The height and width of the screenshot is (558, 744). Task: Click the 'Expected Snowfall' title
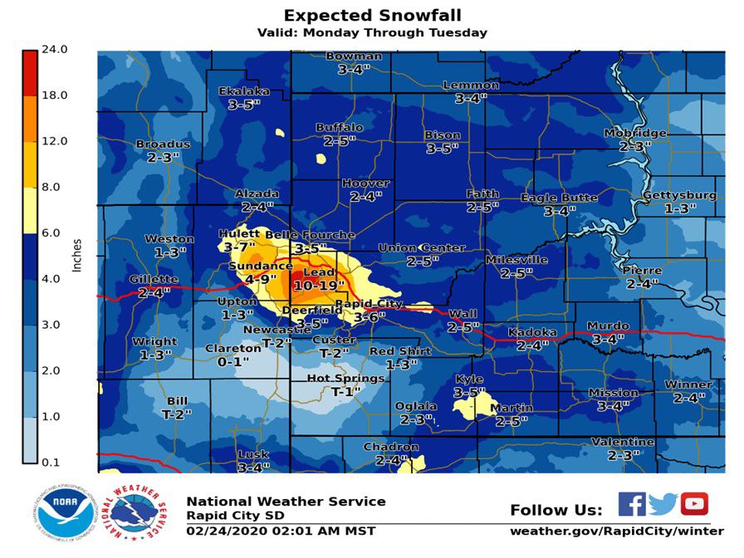pyautogui.click(x=371, y=15)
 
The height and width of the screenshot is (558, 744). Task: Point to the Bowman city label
pyautogui.click(x=354, y=56)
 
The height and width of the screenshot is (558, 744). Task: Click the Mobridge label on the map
pyautogui.click(x=635, y=133)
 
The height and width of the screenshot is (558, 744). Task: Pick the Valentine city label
pyautogui.click(x=623, y=442)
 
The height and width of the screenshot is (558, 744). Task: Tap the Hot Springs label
pyautogui.click(x=346, y=379)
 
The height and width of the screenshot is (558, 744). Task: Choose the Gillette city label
pyautogui.click(x=154, y=280)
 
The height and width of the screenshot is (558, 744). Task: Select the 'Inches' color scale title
pyautogui.click(x=77, y=256)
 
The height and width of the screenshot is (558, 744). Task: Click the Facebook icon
pyautogui.click(x=631, y=504)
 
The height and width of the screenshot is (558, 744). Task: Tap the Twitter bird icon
pyautogui.click(x=663, y=504)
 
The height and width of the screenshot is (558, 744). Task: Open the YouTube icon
pyautogui.click(x=694, y=504)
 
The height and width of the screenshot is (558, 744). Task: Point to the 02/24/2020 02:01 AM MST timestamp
pyautogui.click(x=281, y=531)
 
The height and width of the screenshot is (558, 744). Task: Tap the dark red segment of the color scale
pyautogui.click(x=30, y=72)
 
